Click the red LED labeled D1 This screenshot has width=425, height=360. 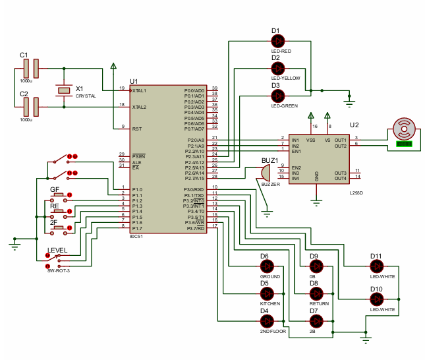[277, 41]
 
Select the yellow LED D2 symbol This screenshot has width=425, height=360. [277, 68]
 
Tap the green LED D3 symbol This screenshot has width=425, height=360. [277, 96]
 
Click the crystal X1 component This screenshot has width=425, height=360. [64, 90]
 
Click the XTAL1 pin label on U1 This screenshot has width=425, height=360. [139, 90]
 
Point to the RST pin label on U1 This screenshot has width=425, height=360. [136, 129]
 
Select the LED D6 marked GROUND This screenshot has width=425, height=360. [267, 266]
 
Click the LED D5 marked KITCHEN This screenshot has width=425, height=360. [267, 293]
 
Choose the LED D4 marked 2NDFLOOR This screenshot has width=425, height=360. [267, 320]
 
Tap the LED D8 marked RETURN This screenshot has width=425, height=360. [317, 293]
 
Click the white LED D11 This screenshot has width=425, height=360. [376, 266]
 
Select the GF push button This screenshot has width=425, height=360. [60, 195]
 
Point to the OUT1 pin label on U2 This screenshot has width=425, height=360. [340, 140]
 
